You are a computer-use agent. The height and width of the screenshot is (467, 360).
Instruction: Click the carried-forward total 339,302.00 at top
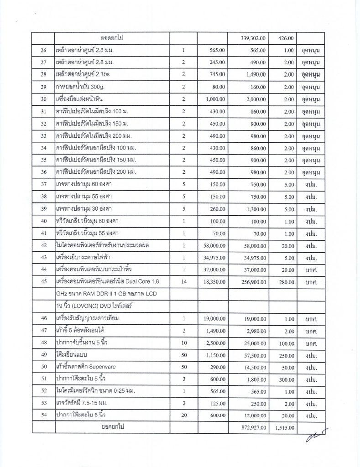pyautogui.click(x=256, y=38)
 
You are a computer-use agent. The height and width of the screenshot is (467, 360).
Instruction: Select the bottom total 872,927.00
pyautogui.click(x=256, y=427)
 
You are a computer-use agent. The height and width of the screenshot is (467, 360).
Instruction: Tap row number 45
pyautogui.click(x=44, y=280)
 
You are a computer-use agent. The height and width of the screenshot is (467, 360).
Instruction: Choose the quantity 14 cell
pyautogui.click(x=184, y=280)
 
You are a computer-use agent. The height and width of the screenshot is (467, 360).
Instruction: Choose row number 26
pyautogui.click(x=44, y=50)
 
